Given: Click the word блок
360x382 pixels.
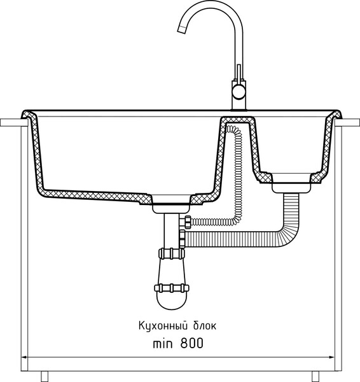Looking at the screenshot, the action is [x=205, y=326].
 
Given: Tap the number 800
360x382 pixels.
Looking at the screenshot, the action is [x=192, y=344].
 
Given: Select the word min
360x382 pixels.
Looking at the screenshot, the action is [x=163, y=344].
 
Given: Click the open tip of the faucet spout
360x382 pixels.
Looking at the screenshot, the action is [x=182, y=29].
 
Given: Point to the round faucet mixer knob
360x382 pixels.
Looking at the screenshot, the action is [x=239, y=92].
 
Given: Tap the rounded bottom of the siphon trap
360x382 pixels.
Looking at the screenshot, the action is [x=172, y=301].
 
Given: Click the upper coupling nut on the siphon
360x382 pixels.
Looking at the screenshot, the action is [x=171, y=253].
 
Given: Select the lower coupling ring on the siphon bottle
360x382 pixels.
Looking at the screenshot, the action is [x=172, y=288].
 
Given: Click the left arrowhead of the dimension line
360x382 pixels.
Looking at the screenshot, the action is [x=24, y=357].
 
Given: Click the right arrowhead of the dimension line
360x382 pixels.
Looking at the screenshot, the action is [x=332, y=357].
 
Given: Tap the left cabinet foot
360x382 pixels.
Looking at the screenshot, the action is [x=45, y=376].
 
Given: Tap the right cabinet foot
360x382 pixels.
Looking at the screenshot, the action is [x=315, y=376].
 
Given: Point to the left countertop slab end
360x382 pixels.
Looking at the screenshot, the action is [x=14, y=122].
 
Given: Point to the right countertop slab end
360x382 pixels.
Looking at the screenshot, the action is [x=347, y=122].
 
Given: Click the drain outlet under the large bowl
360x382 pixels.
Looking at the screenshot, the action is [x=171, y=209].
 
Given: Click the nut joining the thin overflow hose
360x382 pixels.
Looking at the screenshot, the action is [x=188, y=222].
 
